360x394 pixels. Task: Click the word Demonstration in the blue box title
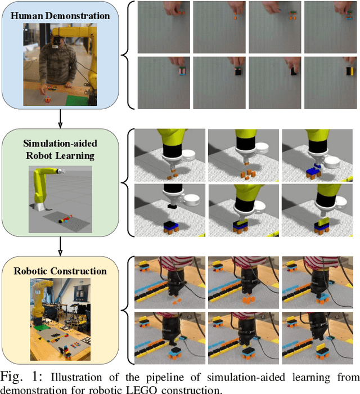pyautogui.click(x=78, y=16)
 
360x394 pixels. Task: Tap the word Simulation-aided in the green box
pyautogui.click(x=60, y=144)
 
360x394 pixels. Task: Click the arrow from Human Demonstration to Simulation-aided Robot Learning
pyautogui.click(x=60, y=119)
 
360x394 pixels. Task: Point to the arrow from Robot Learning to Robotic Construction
pyautogui.click(x=60, y=247)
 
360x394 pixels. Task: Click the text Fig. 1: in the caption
pyautogui.click(x=21, y=377)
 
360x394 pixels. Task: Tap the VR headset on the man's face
pyautogui.click(x=56, y=43)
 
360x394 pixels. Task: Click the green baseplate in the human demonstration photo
pyautogui.click(x=77, y=100)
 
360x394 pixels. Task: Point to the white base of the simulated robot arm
pyautogui.click(x=40, y=207)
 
